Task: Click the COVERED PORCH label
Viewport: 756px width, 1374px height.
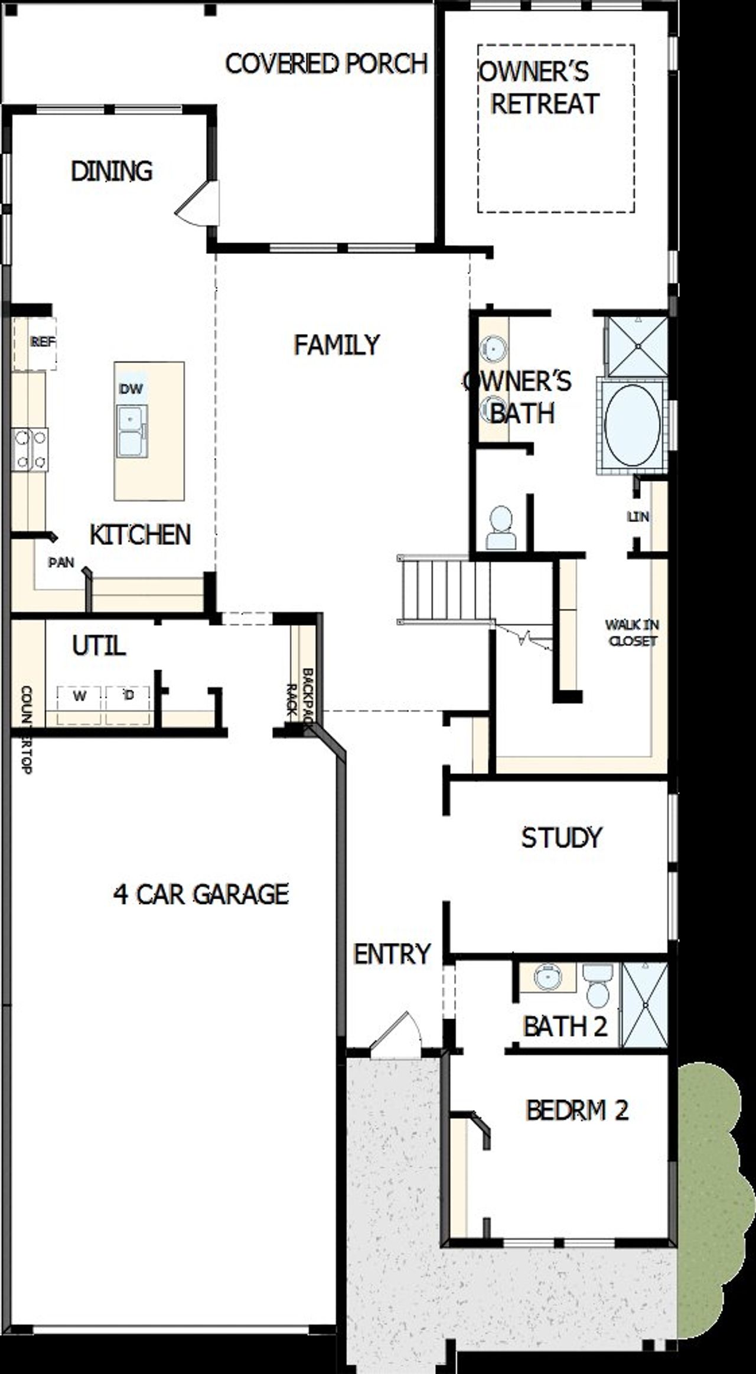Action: point(326,64)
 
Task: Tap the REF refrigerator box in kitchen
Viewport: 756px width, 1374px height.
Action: point(43,342)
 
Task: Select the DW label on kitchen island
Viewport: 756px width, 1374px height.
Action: point(131,389)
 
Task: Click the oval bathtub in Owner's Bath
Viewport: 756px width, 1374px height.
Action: point(632,426)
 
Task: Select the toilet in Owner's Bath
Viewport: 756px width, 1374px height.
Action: point(501,527)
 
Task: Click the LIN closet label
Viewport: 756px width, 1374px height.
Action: point(638,517)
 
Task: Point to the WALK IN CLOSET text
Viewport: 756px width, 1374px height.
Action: point(632,632)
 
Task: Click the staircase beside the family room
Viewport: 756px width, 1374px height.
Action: point(444,589)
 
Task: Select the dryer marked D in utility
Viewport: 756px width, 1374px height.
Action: point(129,696)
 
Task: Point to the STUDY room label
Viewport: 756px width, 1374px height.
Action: point(561,837)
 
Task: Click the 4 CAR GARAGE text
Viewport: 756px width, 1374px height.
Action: point(201,895)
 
